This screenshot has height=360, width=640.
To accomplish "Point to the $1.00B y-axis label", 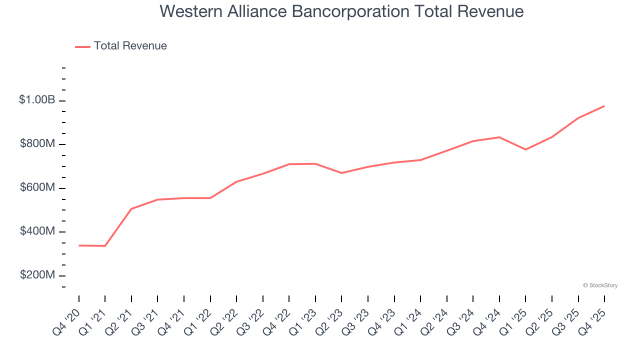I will click(x=37, y=100).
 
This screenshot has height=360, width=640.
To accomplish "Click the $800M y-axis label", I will click(x=37, y=144).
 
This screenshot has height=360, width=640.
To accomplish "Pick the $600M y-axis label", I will click(x=37, y=187).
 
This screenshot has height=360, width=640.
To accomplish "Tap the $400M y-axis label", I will click(x=37, y=231).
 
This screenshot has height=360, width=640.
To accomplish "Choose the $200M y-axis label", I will click(x=37, y=275).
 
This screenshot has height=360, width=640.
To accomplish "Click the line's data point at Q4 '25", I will click(x=604, y=106).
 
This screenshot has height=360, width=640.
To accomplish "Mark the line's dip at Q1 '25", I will click(x=525, y=149).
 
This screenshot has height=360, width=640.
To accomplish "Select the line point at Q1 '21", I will click(x=105, y=246).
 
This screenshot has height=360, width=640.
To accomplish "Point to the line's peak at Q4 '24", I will click(x=499, y=137).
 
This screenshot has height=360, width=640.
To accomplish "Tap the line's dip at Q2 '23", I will click(x=341, y=173).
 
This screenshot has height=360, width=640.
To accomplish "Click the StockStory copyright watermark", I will click(x=600, y=285).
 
